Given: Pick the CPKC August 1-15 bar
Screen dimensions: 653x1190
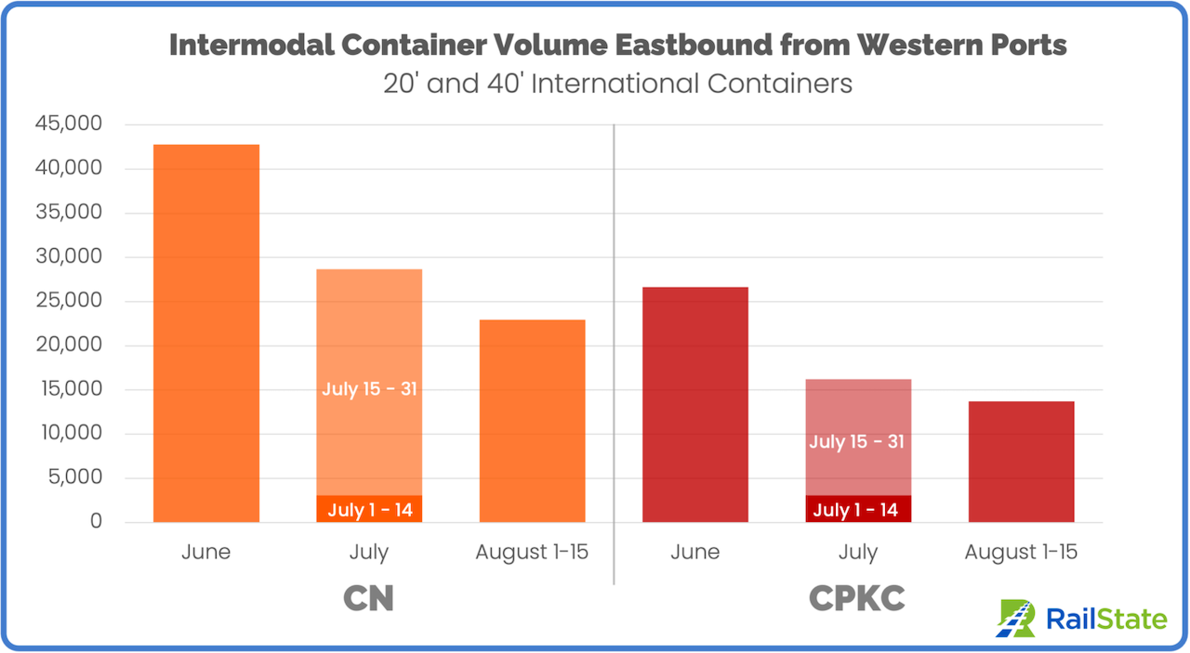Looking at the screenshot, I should pyautogui.click(x=1021, y=462).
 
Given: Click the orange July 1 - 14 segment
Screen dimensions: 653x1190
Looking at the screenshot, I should pyautogui.click(x=369, y=509).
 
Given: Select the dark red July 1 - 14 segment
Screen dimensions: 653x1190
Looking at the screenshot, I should pyautogui.click(x=857, y=509).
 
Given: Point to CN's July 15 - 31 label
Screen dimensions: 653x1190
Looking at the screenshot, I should pyautogui.click(x=369, y=388).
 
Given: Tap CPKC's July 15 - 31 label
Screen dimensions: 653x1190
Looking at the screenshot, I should pyautogui.click(x=857, y=441).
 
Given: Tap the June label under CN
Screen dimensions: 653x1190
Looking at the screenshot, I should pyautogui.click(x=206, y=552).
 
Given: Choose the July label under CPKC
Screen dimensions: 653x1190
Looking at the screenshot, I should pyautogui.click(x=857, y=552).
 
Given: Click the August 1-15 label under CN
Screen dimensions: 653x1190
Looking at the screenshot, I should pyautogui.click(x=532, y=552).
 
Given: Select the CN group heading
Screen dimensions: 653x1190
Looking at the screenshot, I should pyautogui.click(x=369, y=598).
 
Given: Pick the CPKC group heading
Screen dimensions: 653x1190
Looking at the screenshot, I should pyautogui.click(x=857, y=598).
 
